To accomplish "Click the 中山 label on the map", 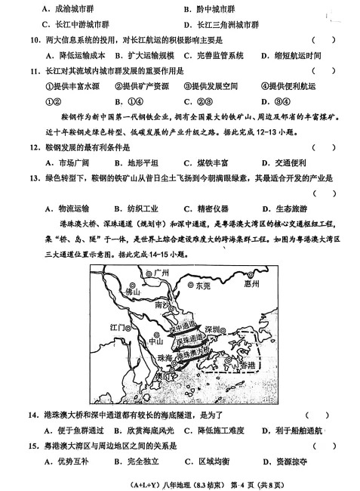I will [x=155, y=341].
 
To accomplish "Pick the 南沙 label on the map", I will [x=162, y=306].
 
